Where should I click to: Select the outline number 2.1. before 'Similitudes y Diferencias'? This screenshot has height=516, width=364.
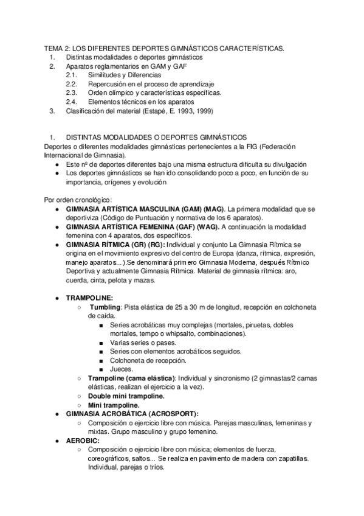point(72,75)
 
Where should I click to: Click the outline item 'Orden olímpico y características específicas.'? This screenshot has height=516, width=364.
point(154,92)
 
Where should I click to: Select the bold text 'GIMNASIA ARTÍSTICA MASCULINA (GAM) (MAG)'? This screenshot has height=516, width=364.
point(145,209)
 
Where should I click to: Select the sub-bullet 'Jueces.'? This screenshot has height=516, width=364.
point(122,369)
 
